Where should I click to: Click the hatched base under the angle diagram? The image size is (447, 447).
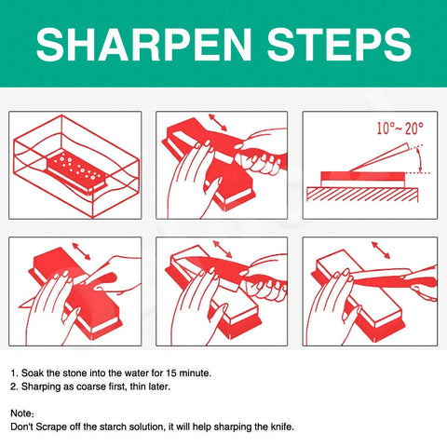tap(363, 195)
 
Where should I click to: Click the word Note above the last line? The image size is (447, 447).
tap(22, 413)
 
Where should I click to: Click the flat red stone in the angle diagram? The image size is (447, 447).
tap(353, 177)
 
